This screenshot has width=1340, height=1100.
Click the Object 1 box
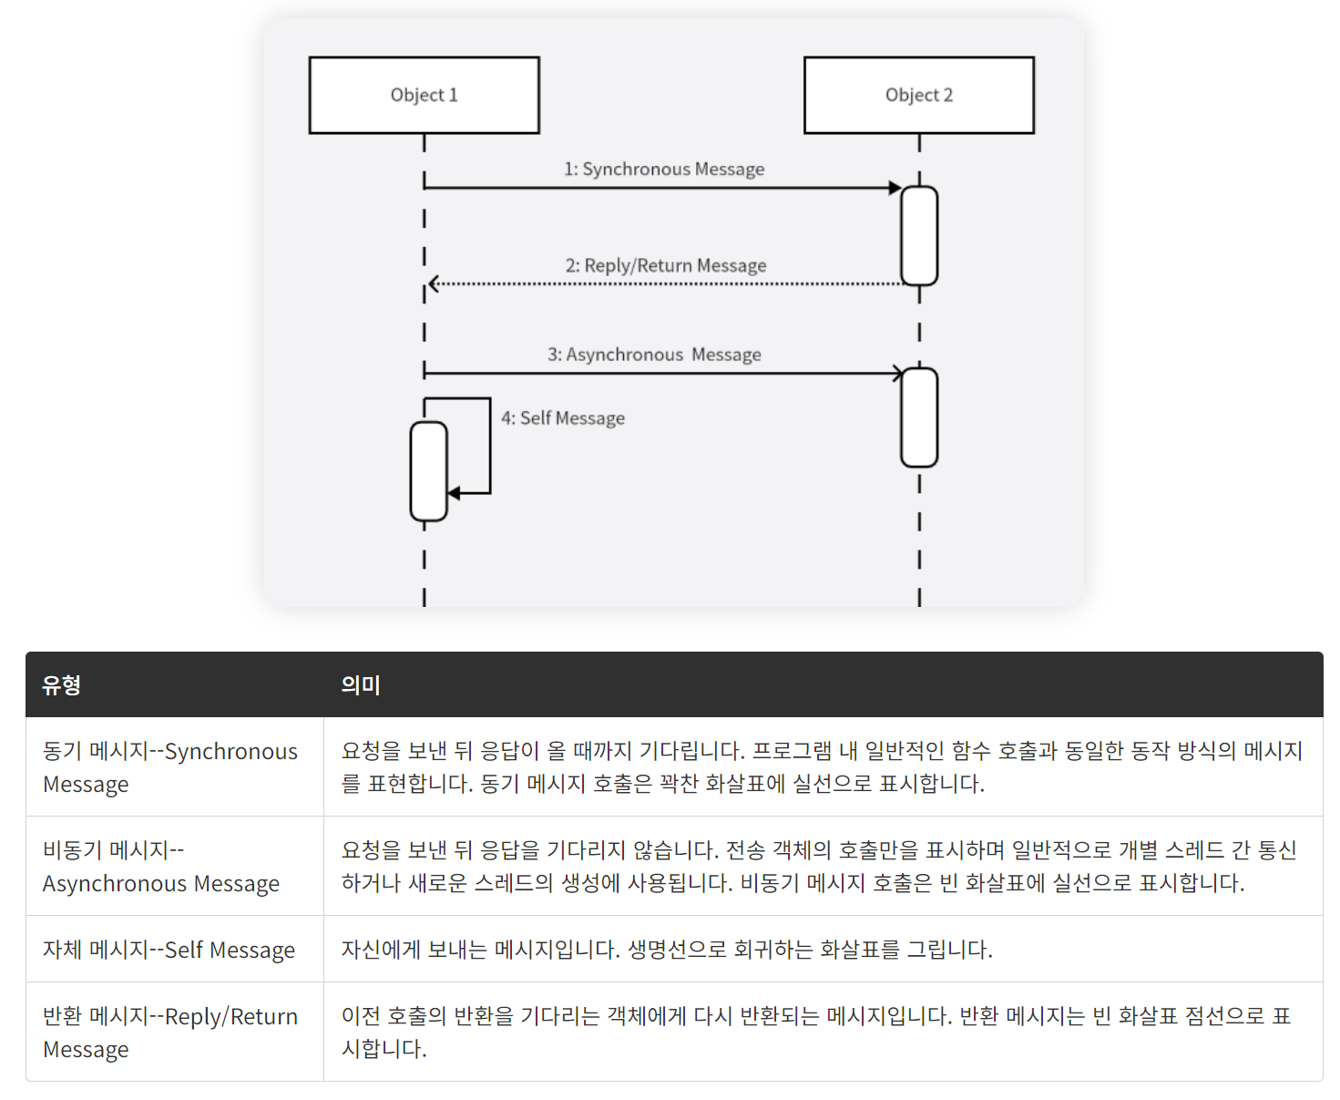click(x=424, y=95)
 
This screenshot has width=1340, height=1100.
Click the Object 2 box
click(x=918, y=95)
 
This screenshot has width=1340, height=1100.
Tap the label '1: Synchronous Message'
click(x=664, y=170)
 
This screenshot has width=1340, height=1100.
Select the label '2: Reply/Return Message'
click(x=665, y=265)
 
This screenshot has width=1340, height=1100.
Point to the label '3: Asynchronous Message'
click(x=654, y=355)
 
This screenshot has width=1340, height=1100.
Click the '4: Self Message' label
click(x=563, y=418)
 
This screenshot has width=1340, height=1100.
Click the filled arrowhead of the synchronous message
click(x=895, y=188)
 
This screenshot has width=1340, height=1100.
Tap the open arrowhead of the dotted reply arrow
click(x=434, y=284)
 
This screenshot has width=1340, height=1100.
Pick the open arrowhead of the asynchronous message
click(x=897, y=374)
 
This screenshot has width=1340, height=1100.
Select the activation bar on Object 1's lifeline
click(x=428, y=471)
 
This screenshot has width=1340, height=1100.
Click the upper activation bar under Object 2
click(x=918, y=236)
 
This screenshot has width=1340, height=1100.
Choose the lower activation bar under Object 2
click(x=918, y=417)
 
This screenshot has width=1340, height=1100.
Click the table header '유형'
click(x=62, y=685)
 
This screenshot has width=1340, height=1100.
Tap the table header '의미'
click(x=360, y=685)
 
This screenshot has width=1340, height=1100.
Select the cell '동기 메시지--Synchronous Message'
click(x=170, y=767)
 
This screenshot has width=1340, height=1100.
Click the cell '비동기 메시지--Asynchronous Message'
click(x=161, y=867)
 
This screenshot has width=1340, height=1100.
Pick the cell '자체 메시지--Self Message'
click(x=169, y=950)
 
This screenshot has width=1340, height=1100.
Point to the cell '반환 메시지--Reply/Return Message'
click(x=170, y=1033)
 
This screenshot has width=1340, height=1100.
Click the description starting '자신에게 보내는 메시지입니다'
click(x=667, y=950)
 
